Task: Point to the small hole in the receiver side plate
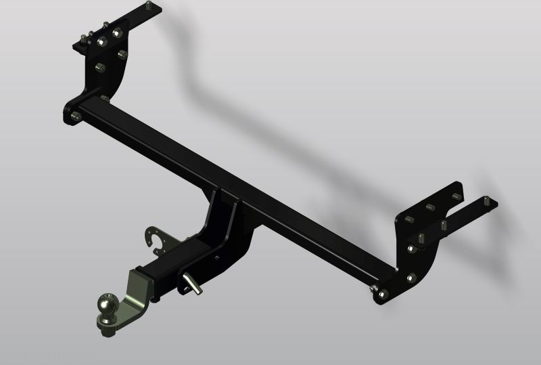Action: pos(216,257)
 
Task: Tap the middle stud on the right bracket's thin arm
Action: pos(444,224)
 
